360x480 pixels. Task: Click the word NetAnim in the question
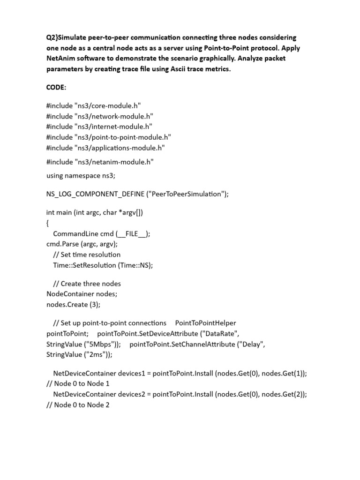coord(61,59)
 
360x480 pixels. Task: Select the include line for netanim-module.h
coord(100,162)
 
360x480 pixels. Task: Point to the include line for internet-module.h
coord(99,127)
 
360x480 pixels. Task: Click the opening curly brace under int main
coord(48,223)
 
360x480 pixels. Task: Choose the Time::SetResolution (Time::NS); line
coord(103,265)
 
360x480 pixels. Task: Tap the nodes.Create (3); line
coord(73,304)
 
